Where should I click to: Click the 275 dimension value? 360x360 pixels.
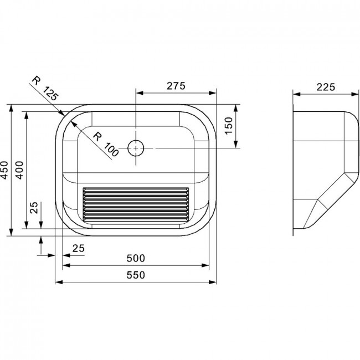point(176,86)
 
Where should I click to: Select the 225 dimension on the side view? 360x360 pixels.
point(326,87)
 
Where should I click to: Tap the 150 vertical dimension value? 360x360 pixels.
point(229,126)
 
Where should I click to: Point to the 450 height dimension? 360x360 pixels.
point(4,170)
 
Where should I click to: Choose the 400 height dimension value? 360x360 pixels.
point(19,170)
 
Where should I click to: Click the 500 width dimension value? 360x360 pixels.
point(136,258)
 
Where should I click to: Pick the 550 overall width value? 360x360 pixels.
point(136,275)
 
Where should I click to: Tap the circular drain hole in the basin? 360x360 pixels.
point(136,148)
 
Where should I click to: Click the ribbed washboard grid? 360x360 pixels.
point(136,205)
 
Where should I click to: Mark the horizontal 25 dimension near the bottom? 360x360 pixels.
point(79,249)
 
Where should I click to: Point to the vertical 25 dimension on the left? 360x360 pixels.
point(34,208)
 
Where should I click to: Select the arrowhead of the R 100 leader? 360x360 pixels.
point(73,124)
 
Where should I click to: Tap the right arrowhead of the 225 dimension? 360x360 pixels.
point(354,94)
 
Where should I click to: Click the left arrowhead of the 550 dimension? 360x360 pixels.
point(59,282)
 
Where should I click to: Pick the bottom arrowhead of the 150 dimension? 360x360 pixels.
point(235,145)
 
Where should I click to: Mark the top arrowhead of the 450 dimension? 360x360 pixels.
point(11,108)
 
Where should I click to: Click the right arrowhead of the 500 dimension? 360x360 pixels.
point(205,265)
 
